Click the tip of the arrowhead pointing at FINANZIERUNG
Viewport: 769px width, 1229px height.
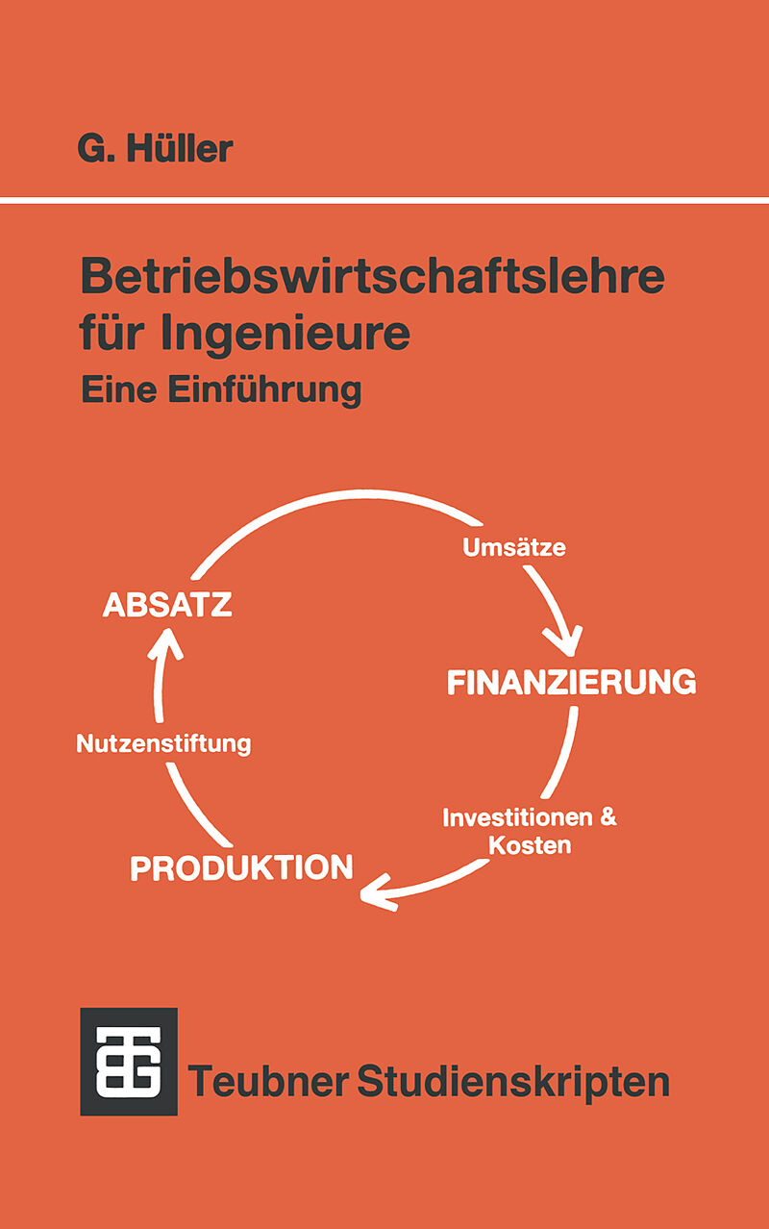click(x=572, y=655)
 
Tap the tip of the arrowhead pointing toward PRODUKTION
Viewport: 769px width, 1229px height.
click(x=361, y=895)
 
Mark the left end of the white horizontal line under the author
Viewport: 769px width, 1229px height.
click(x=0, y=200)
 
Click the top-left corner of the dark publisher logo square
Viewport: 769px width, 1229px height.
click(x=81, y=1009)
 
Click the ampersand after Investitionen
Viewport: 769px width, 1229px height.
click(x=608, y=817)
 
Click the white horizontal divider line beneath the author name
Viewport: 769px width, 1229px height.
click(x=384, y=200)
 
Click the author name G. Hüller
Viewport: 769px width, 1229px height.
click(x=155, y=148)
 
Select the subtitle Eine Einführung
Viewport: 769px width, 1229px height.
click(x=222, y=390)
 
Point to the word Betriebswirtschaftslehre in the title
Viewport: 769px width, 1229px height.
click(x=373, y=276)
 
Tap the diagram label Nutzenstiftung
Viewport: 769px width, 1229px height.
click(x=164, y=743)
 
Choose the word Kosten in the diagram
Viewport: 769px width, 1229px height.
click(x=530, y=845)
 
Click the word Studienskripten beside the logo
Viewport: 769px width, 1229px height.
click(x=513, y=1082)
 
